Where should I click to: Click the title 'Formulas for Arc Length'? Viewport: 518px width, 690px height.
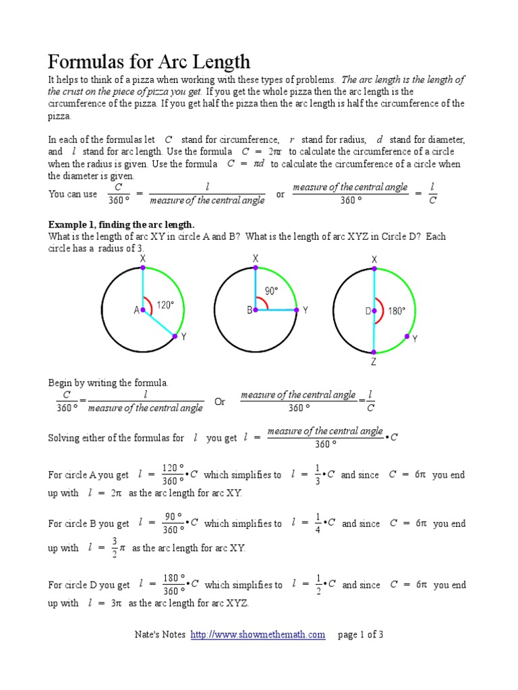pos(149,62)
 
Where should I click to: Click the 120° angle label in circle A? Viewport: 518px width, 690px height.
pos(165,305)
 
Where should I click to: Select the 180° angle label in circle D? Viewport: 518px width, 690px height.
pos(397,311)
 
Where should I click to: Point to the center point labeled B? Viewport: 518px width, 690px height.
pos(256,310)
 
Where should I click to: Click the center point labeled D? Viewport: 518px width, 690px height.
pos(374,311)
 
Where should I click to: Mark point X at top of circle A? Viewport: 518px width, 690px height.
pos(142,268)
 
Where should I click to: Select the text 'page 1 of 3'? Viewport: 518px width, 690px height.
pos(361,634)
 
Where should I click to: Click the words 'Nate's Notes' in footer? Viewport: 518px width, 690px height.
pos(159,634)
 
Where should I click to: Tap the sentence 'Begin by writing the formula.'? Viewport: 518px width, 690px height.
pos(108,383)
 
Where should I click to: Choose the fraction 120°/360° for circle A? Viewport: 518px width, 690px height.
pos(173,474)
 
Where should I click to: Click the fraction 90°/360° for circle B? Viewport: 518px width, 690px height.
pos(173,523)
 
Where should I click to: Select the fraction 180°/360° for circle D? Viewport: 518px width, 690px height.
pos(173,585)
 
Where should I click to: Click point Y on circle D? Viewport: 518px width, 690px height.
pos(406,336)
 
